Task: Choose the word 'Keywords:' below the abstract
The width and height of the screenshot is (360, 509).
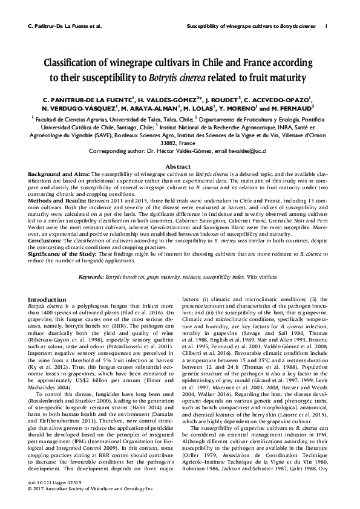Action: click(92, 276)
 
